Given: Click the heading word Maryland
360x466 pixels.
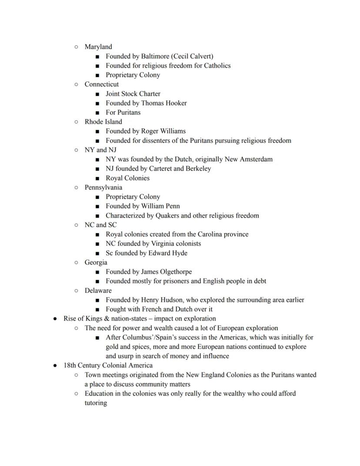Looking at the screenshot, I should (98, 47).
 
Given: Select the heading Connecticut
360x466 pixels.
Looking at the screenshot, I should (101, 84).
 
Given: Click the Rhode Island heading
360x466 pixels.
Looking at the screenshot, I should (103, 122).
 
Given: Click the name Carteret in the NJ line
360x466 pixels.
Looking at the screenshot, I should (158, 169).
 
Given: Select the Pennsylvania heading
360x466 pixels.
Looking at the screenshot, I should (103, 188).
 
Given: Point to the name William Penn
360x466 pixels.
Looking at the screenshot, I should (160, 206).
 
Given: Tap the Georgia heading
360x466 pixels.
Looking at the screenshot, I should (96, 262).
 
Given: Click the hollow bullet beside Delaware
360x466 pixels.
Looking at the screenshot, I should (76, 291).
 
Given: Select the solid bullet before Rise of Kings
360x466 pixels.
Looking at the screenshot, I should (55, 318).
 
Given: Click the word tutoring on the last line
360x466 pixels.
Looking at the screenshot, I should (96, 403).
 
